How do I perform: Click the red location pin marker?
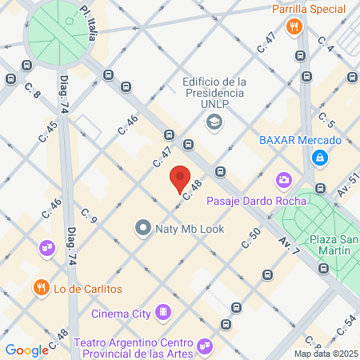(180, 178)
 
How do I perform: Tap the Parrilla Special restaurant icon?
(295, 27)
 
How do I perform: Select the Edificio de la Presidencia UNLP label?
(214, 94)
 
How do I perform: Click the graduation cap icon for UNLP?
(214, 122)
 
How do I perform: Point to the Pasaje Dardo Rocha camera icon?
(283, 180)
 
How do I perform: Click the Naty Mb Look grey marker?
(143, 228)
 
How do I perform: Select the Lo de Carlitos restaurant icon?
(38, 287)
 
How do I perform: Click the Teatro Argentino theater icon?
(206, 345)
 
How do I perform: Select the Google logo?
(26, 350)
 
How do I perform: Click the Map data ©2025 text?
(326, 354)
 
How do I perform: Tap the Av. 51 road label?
(346, 189)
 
